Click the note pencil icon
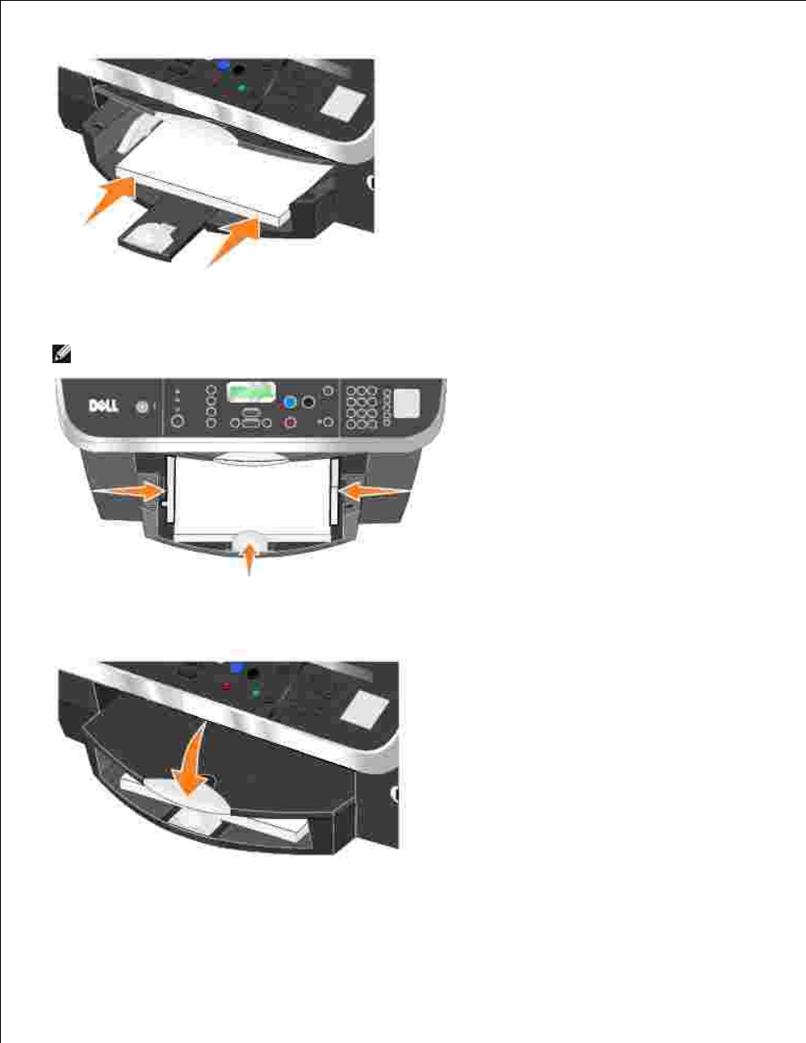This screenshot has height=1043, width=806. coord(62,354)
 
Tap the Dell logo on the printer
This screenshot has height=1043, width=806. coord(104,406)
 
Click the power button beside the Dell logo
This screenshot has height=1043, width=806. coord(142,407)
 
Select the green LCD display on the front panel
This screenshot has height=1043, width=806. coord(251,392)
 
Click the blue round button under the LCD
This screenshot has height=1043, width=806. coord(289,402)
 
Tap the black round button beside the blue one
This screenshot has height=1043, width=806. coord(308,402)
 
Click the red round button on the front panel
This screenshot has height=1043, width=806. coord(290,422)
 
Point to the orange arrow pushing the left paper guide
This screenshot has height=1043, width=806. coord(129,492)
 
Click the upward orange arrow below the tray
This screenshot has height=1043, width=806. coord(248,558)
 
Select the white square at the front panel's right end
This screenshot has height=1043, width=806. coord(406,403)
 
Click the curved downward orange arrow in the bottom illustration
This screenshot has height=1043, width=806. coord(192,764)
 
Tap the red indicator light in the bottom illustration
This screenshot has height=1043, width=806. coord(226,687)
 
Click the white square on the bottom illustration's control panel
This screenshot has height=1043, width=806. coord(365,710)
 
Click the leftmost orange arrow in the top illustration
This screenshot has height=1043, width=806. coord(110,199)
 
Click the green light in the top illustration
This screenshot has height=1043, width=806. coord(242,88)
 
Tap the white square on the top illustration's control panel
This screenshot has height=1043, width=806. coord(343,104)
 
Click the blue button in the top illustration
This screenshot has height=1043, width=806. coord(222,65)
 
